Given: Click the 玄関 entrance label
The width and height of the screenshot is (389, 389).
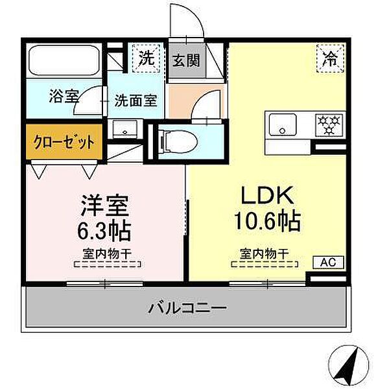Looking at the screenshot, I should click(x=186, y=61).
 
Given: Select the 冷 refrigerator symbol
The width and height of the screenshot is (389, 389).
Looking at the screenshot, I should click(x=329, y=59).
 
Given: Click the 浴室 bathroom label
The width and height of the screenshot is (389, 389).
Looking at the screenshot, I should click(x=64, y=98).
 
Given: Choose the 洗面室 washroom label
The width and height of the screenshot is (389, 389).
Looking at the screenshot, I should click(x=136, y=100).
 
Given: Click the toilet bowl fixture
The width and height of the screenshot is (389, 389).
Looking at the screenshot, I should click(x=177, y=139).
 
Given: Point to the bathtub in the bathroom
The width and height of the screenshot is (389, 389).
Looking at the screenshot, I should click(x=64, y=62).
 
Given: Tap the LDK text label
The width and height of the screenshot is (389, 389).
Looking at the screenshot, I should click(x=268, y=195).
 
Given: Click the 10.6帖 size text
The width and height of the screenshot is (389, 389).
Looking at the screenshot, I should click(x=268, y=222).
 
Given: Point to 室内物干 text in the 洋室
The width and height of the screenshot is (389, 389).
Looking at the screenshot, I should click(x=108, y=253).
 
